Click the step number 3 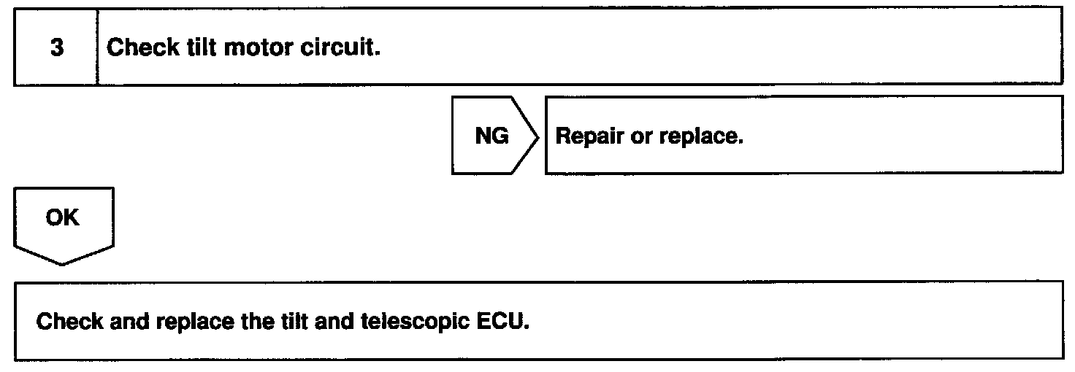(x=56, y=48)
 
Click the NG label (x=491, y=136)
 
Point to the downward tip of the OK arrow (x=63, y=263)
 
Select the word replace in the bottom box (x=184, y=322)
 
